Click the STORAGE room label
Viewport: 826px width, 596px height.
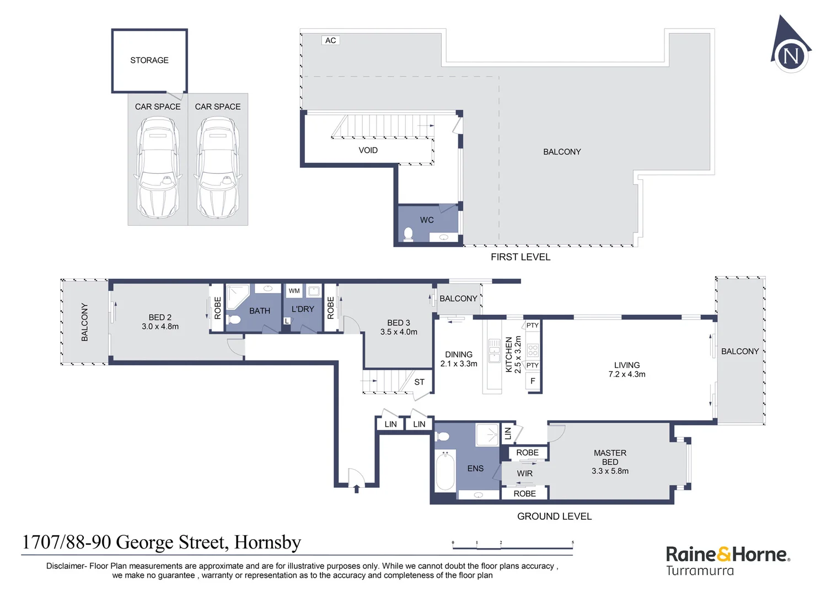click(x=149, y=60)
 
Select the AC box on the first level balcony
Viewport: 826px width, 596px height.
click(x=330, y=40)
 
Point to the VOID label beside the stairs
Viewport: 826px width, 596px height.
click(x=368, y=150)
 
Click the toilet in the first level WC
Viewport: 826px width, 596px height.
click(x=408, y=234)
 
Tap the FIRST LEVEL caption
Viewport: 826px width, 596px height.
click(x=520, y=257)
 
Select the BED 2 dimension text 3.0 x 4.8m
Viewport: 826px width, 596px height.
click(x=160, y=326)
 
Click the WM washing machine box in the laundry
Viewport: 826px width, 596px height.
click(x=294, y=291)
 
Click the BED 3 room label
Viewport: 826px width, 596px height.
click(x=398, y=323)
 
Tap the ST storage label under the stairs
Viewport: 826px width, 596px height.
click(x=419, y=382)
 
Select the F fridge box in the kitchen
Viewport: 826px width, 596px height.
click(x=533, y=381)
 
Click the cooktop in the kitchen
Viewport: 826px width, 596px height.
click(x=533, y=350)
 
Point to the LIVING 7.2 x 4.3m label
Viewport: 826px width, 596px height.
click(x=626, y=369)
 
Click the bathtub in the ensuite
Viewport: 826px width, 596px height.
click(x=445, y=471)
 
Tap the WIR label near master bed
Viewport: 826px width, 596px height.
click(x=524, y=473)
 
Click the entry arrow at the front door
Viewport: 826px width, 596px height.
click(x=356, y=488)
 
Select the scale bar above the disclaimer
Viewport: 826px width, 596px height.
click(x=512, y=546)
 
